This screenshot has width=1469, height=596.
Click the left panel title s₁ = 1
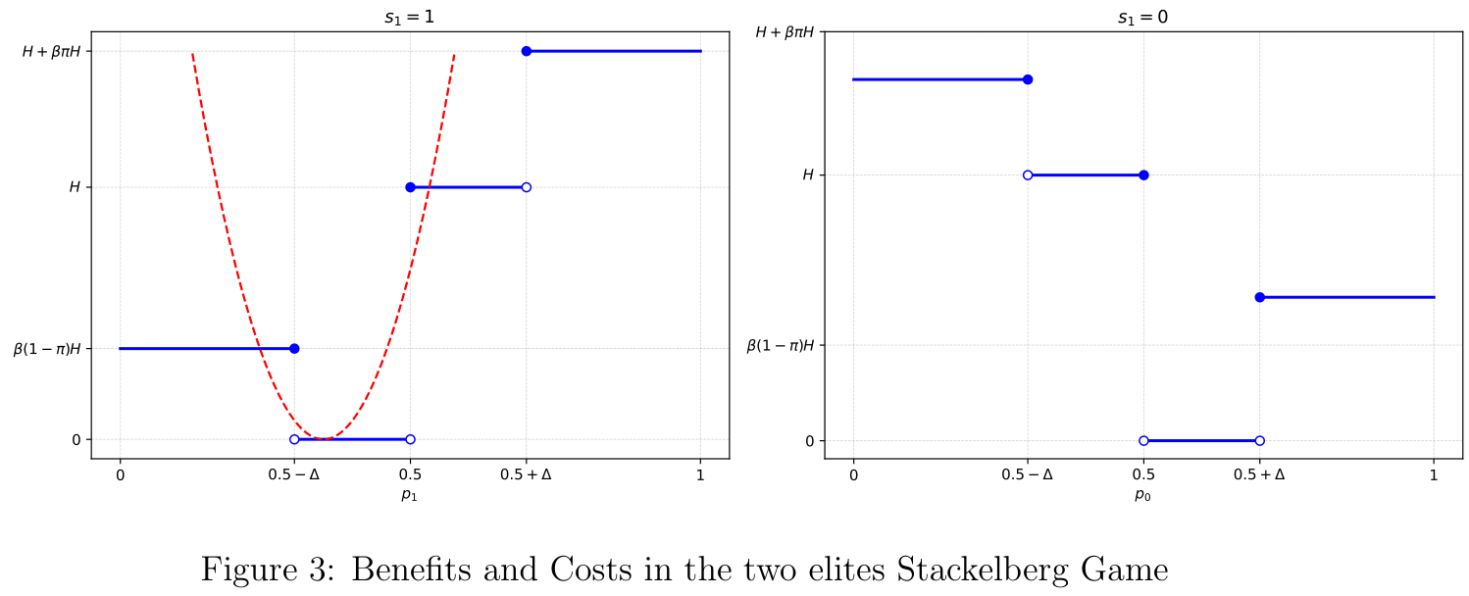[409, 17]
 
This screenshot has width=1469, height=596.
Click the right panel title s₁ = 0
[1142, 17]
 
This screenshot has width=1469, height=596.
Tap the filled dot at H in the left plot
[410, 187]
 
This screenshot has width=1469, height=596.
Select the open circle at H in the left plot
[526, 187]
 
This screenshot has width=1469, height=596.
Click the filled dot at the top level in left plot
[526, 51]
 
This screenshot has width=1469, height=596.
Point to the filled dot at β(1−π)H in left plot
[294, 348]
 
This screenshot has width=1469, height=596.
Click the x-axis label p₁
[409, 495]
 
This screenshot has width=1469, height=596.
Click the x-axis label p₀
[1142, 495]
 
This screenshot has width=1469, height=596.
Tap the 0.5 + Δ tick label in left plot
[526, 475]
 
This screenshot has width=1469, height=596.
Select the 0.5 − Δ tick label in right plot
[1027, 475]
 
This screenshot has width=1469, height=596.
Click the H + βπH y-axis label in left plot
[64, 51]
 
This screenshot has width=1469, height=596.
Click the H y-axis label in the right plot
[808, 175]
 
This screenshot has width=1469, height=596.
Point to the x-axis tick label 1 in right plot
[1434, 475]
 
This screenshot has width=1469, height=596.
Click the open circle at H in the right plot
[1028, 175]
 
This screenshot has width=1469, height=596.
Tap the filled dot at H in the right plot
[1143, 175]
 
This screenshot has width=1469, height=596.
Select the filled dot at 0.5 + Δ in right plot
[1259, 297]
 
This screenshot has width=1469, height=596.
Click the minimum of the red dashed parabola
[323, 438]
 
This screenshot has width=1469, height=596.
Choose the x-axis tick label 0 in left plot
[120, 475]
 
